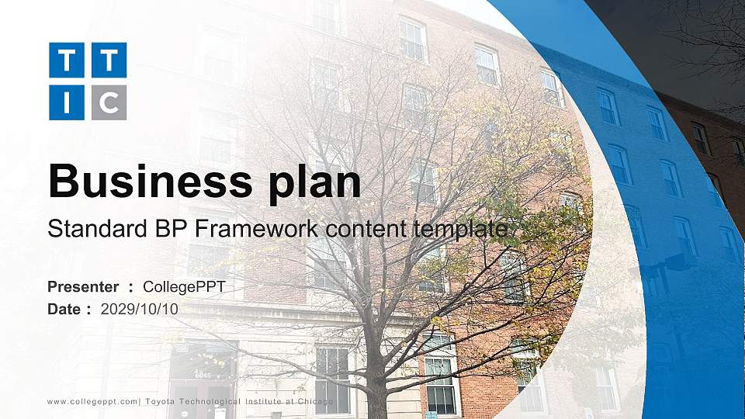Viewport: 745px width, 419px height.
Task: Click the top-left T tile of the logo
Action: [66, 60]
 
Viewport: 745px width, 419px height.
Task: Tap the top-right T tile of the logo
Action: [109, 60]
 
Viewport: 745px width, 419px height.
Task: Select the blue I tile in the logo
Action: [66, 102]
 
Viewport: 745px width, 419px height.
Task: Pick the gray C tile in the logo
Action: [109, 102]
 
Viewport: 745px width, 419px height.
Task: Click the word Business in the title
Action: [146, 182]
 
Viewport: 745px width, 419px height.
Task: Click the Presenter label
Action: [83, 287]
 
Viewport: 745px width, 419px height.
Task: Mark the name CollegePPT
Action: [184, 287]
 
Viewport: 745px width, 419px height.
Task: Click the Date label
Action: [64, 309]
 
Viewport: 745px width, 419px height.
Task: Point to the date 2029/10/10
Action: [140, 309]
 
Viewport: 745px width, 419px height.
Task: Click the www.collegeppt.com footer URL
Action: [92, 402]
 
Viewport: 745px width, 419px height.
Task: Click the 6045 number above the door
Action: [203, 376]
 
